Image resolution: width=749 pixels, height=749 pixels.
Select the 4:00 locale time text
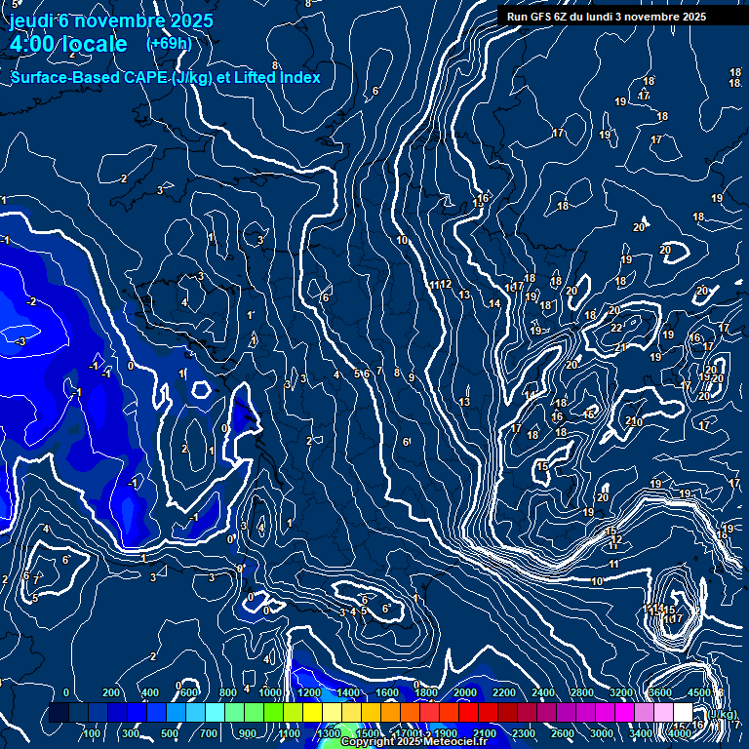point(67,44)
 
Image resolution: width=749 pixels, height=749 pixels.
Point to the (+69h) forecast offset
point(169,44)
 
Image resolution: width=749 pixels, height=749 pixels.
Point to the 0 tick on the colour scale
point(66,693)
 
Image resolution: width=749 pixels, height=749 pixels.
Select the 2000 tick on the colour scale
point(466,693)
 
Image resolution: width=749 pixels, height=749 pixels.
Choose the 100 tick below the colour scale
point(92,733)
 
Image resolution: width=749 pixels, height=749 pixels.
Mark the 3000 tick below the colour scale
point(602,733)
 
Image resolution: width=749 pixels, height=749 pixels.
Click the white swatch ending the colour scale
point(683,713)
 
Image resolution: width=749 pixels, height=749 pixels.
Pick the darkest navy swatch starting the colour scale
point(59,713)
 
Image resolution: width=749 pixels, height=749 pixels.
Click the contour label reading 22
point(616,328)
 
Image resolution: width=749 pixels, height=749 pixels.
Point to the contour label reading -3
point(20,341)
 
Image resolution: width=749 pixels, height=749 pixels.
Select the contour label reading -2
point(31,302)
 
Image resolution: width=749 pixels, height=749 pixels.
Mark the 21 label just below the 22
point(619,347)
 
